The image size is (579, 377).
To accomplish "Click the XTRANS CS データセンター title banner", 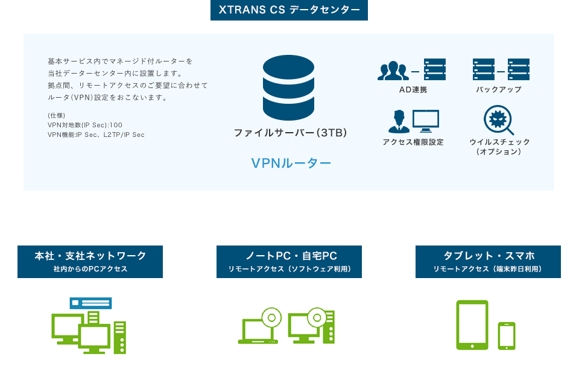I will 289,10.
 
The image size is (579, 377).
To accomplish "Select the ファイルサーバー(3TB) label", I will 290,132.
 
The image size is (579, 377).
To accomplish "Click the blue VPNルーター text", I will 291,163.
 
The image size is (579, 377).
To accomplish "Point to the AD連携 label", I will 413,90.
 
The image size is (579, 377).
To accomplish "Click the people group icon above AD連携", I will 393,71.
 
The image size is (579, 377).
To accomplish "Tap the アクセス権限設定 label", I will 413,142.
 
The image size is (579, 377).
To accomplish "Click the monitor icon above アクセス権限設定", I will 426,121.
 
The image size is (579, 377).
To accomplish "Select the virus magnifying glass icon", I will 499,120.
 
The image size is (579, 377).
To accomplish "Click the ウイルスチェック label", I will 499,142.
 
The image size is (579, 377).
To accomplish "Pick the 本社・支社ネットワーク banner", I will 90,261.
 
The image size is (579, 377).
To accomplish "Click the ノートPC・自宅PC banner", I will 289,261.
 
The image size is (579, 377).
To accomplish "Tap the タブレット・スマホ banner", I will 488,261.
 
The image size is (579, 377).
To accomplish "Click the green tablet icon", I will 472,325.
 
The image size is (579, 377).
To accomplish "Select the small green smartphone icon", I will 507,335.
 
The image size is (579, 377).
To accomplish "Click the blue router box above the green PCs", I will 91,303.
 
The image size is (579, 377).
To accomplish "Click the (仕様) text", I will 56,115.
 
